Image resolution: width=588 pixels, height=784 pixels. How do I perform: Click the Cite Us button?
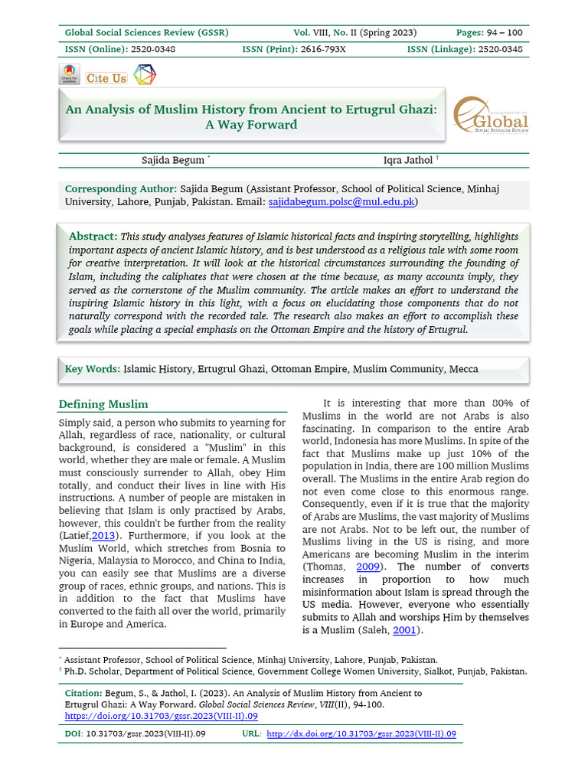[106, 78]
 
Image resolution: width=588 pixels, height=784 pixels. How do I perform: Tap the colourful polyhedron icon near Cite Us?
[144, 75]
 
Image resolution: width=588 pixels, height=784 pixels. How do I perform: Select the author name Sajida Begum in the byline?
[173, 160]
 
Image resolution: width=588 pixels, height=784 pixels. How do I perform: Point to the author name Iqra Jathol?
[408, 160]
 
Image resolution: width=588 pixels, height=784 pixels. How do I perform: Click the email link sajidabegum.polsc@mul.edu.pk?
[341, 202]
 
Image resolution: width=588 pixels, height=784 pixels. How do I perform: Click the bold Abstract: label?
[93, 237]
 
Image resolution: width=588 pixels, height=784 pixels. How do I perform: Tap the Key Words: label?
[93, 369]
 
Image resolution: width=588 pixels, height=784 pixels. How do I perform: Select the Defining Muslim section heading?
[103, 404]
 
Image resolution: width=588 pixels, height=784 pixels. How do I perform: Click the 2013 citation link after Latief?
[104, 534]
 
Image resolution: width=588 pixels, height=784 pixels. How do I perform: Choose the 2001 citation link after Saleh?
[406, 630]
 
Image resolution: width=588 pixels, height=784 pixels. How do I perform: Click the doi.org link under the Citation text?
[161, 716]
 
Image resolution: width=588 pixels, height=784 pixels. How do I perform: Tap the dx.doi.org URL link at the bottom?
[361, 733]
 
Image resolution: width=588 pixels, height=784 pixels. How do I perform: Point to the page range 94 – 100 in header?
[501, 32]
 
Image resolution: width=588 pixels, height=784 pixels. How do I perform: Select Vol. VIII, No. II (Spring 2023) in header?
[355, 32]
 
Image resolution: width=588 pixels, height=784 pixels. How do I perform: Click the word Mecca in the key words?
[464, 369]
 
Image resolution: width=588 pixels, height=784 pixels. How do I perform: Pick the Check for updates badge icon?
[69, 75]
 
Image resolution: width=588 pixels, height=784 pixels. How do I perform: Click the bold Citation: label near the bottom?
[86, 693]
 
